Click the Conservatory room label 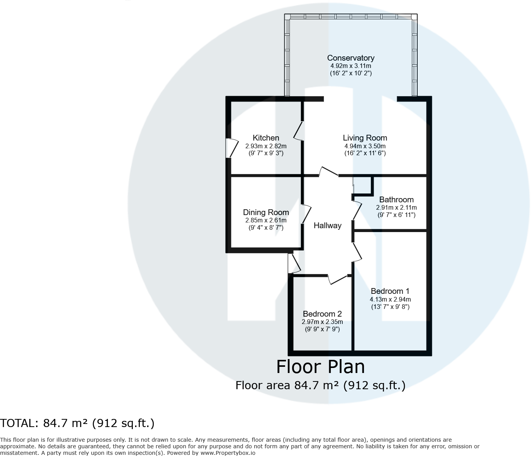(350, 58)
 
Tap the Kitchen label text (266, 138)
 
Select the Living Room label (365, 138)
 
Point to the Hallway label (327, 225)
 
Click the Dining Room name (266, 212)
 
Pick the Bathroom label (396, 200)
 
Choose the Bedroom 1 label (390, 291)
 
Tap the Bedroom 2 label (322, 314)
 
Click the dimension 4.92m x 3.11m (350, 66)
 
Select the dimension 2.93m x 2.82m (266, 146)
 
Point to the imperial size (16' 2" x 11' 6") (365, 153)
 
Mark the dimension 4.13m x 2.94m (390, 299)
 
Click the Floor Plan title (320, 367)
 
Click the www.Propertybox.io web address (228, 453)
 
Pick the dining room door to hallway (307, 214)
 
